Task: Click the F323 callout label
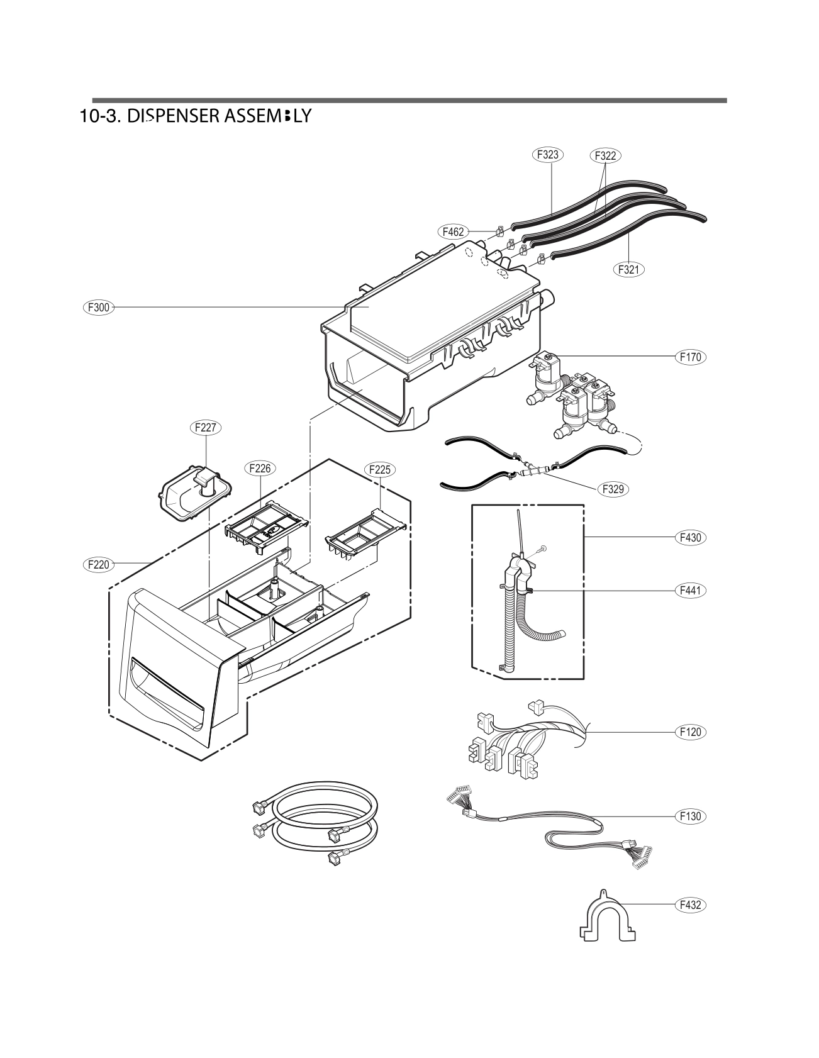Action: (x=548, y=154)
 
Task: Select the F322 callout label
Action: (x=605, y=155)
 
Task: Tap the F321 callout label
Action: (x=628, y=270)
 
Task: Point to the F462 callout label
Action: (x=453, y=232)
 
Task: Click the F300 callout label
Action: (x=98, y=308)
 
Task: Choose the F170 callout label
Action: (x=690, y=357)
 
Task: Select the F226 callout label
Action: (x=260, y=468)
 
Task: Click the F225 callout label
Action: (x=379, y=469)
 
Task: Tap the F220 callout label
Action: (x=98, y=564)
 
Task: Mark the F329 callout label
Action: (x=613, y=489)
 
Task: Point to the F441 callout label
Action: (x=690, y=591)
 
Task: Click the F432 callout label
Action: (x=690, y=905)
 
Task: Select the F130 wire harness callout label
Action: (x=690, y=816)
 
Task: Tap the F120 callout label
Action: (x=690, y=732)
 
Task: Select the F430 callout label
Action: (x=690, y=538)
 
